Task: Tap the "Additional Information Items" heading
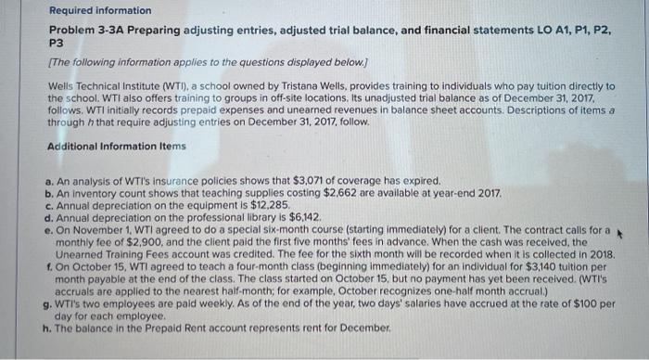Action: point(116,147)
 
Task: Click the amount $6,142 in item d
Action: point(301,217)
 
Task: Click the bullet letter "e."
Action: point(48,229)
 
